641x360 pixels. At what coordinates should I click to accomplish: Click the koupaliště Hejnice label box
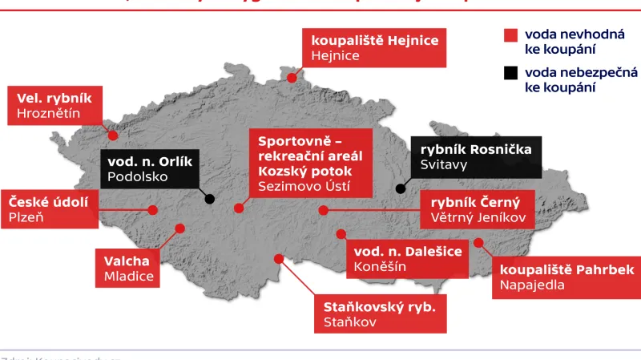(373, 49)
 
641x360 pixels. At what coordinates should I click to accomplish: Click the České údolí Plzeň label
(48, 208)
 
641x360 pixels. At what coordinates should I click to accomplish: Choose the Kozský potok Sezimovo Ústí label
(310, 163)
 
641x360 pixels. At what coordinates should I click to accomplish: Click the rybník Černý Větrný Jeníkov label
(477, 210)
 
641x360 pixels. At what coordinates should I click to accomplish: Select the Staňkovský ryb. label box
(380, 314)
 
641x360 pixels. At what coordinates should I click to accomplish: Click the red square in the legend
(510, 35)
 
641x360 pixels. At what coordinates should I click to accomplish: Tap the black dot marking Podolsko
(210, 199)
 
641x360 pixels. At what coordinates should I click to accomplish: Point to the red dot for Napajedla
(478, 241)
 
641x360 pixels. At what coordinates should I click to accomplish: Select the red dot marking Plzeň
(152, 208)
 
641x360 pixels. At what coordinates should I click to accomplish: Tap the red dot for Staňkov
(278, 258)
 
